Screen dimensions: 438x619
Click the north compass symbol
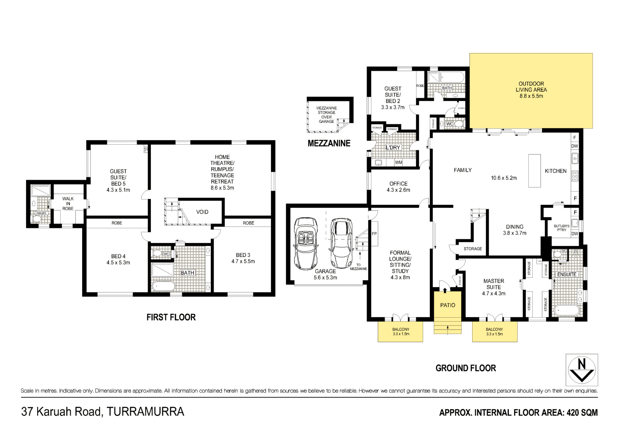click(x=582, y=370)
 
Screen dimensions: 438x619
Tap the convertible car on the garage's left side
click(x=305, y=243)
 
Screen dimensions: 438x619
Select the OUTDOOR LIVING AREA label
click(x=531, y=90)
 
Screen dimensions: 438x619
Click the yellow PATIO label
click(x=447, y=305)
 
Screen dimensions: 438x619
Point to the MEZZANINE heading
click(x=329, y=143)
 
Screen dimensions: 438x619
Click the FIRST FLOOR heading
click(x=171, y=317)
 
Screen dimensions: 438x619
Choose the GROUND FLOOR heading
click(x=466, y=368)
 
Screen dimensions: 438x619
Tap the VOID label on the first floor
click(x=202, y=212)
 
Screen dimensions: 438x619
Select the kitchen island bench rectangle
click(x=535, y=170)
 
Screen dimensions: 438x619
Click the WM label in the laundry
click(x=398, y=162)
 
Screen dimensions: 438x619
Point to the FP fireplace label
click(x=374, y=234)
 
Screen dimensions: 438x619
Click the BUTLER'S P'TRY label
click(x=562, y=228)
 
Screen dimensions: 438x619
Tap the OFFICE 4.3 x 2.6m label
click(x=398, y=187)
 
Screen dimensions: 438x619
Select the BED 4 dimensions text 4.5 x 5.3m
click(x=118, y=263)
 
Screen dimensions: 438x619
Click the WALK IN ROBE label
click(x=68, y=204)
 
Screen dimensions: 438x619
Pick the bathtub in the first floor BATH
click(x=163, y=286)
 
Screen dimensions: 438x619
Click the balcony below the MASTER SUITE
click(x=494, y=332)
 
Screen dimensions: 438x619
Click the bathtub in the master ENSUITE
click(x=566, y=310)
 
